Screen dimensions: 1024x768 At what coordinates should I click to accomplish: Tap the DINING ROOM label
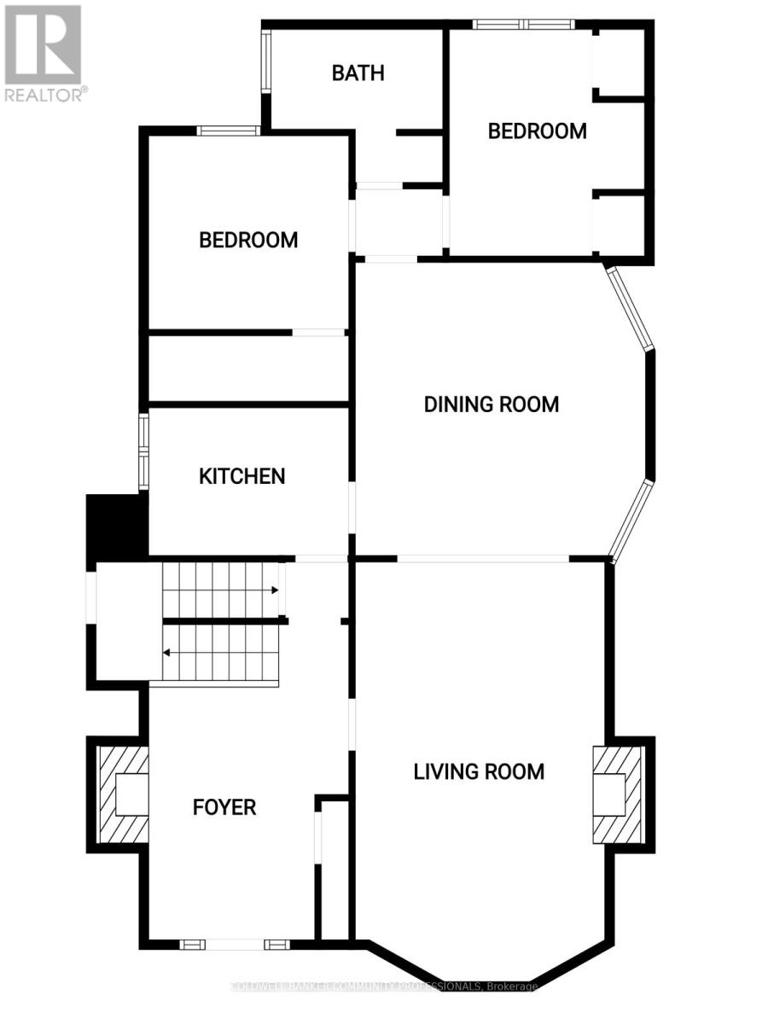[492, 404]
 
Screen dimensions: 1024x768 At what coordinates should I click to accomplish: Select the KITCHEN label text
[241, 476]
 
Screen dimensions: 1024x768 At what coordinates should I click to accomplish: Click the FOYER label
[224, 806]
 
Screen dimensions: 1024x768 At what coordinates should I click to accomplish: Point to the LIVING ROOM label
[479, 772]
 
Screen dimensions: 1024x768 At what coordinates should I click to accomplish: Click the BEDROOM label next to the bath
[537, 131]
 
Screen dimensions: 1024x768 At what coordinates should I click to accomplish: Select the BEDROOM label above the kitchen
[248, 240]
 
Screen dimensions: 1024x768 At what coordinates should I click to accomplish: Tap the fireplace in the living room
[617, 795]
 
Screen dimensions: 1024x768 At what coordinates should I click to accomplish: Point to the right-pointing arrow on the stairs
[275, 590]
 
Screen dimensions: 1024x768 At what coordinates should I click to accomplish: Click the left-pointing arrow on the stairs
[166, 653]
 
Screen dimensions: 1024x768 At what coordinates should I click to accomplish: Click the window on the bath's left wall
[266, 62]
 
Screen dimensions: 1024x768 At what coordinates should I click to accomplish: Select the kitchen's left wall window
[144, 451]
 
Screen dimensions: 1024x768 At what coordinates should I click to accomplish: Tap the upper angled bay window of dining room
[631, 308]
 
